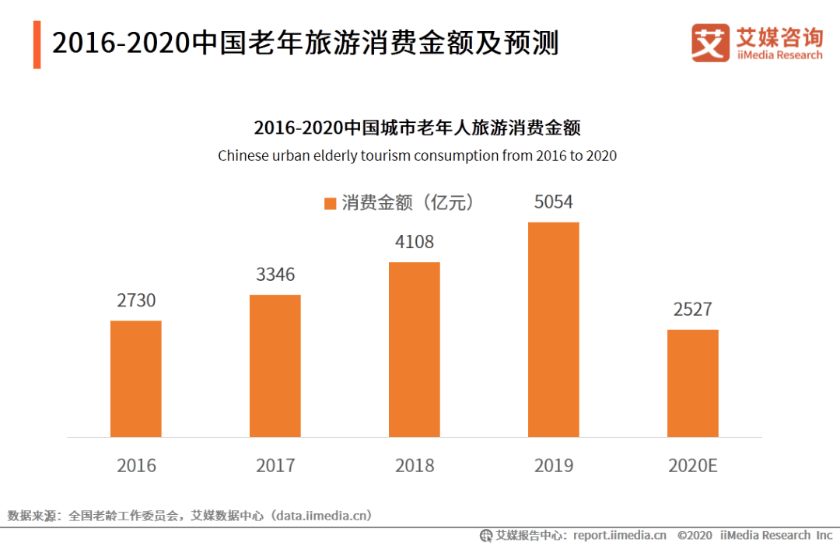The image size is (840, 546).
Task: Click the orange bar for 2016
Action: coord(135,379)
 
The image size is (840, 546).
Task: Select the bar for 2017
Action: coord(275,366)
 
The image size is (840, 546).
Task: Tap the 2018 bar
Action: coord(414,349)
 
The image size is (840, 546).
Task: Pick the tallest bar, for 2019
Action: coord(553,330)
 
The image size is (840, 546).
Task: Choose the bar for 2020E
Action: coord(692,383)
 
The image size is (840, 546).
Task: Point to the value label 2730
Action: coord(136,300)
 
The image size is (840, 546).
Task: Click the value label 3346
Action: coord(275,275)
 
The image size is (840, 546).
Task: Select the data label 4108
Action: coord(415,242)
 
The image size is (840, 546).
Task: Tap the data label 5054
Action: coord(553,202)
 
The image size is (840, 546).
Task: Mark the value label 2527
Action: coord(692,309)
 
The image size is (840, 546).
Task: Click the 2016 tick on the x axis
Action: coord(136,466)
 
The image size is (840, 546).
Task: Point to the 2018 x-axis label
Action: coord(415,466)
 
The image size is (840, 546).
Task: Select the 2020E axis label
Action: coord(692,466)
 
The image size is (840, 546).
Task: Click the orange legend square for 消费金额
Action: coord(330,204)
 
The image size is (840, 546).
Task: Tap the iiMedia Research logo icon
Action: coord(710,43)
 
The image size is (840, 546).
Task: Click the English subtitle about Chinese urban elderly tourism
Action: coord(417,156)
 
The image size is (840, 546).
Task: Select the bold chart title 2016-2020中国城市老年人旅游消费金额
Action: coord(417,128)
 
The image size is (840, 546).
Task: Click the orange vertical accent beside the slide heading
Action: coord(37,44)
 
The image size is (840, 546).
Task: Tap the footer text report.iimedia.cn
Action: coord(619,535)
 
